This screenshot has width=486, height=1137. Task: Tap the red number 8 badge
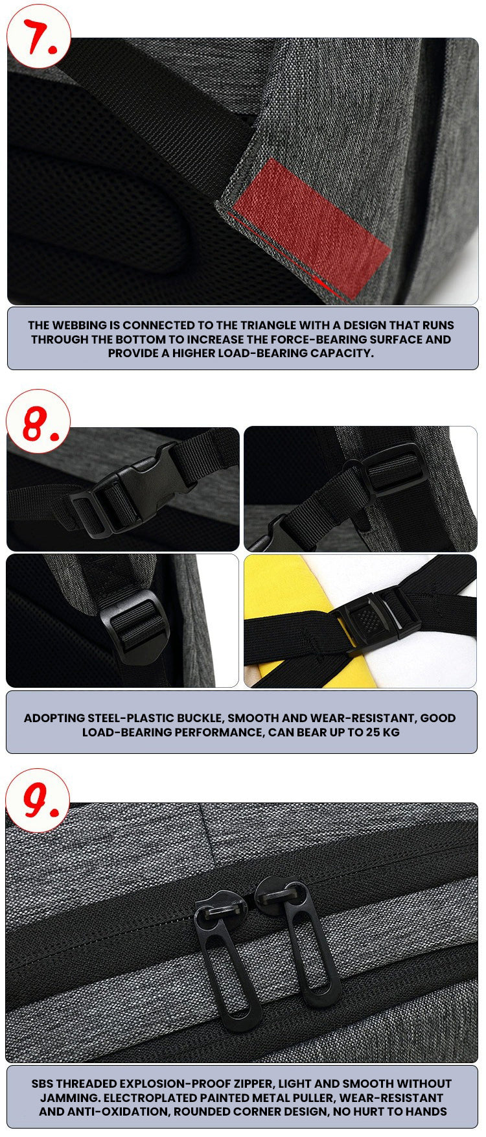tap(38, 421)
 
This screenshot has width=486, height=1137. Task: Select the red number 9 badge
tap(38, 801)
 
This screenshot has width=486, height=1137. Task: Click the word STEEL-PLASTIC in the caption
tap(129, 718)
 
